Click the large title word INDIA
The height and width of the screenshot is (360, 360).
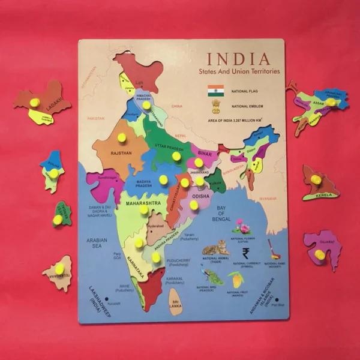coord(238,59)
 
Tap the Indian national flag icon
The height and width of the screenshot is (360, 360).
coord(216,91)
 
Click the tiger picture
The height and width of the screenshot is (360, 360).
coord(215,248)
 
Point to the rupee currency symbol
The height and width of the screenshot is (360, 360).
coord(245,253)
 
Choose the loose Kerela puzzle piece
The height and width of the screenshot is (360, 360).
coord(319,184)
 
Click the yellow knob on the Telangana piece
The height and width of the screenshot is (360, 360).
coord(59,268)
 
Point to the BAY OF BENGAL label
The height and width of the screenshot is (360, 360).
coord(221,212)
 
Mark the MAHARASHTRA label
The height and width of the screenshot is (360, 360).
coord(143,203)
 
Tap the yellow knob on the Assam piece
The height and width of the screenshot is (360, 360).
coord(331,103)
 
